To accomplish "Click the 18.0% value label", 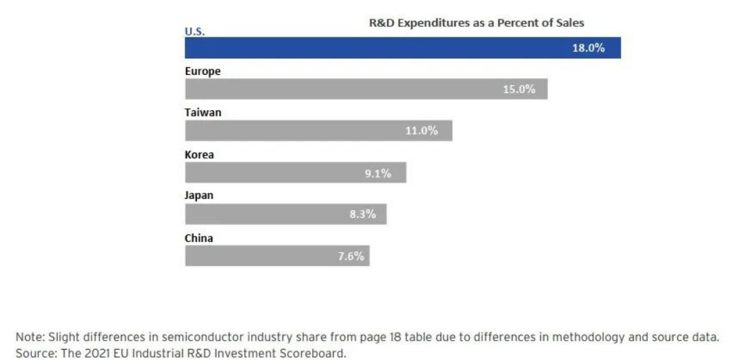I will click(588, 49).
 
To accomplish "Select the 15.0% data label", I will click(519, 89).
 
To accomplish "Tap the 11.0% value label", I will click(422, 131).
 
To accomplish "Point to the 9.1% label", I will click(378, 173).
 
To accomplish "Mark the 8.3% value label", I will click(362, 214).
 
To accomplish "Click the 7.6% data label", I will click(351, 256).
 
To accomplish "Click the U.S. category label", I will click(194, 31).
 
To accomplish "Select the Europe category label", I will click(203, 71).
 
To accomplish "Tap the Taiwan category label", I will click(203, 113).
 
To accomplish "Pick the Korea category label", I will click(199, 155).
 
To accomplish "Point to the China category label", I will click(198, 238).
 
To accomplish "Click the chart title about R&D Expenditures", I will click(476, 23).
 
